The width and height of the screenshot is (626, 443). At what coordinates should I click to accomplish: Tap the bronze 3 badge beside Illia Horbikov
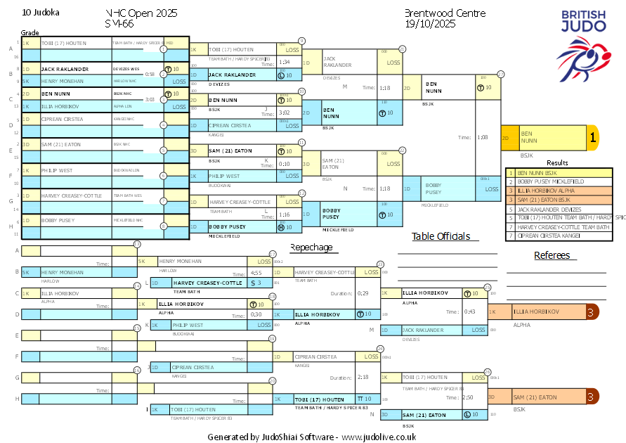pos(592,312)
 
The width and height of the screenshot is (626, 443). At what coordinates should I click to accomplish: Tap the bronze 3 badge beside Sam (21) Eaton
pos(592,397)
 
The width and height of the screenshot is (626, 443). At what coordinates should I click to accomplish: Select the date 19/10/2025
pos(430,24)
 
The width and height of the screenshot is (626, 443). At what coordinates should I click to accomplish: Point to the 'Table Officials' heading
pos(441,236)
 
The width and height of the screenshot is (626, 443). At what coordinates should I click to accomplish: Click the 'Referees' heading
pos(552,255)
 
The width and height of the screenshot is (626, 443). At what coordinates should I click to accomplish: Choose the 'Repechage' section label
pos(312,248)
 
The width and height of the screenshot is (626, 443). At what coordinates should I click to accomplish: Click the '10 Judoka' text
pos(41,13)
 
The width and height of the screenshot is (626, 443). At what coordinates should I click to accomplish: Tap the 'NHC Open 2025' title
pos(141,13)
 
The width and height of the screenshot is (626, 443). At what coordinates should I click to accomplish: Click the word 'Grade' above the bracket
pos(30,32)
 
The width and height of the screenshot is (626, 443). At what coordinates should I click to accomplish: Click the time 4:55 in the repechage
pos(256,273)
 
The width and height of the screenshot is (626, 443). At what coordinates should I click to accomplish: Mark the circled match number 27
pos(501,74)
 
